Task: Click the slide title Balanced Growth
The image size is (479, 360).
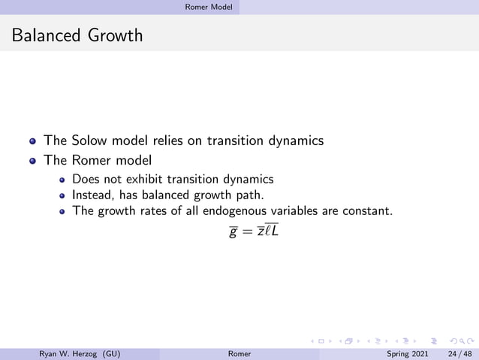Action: [x=77, y=35]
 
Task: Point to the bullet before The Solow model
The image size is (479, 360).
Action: [x=32, y=141]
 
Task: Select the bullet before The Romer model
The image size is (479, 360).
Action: [x=32, y=161]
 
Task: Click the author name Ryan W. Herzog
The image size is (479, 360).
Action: [x=69, y=352]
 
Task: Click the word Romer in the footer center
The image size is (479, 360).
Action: [x=239, y=352]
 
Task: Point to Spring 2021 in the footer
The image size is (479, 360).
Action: [x=407, y=352]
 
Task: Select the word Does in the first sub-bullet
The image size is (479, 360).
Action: [x=86, y=179]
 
